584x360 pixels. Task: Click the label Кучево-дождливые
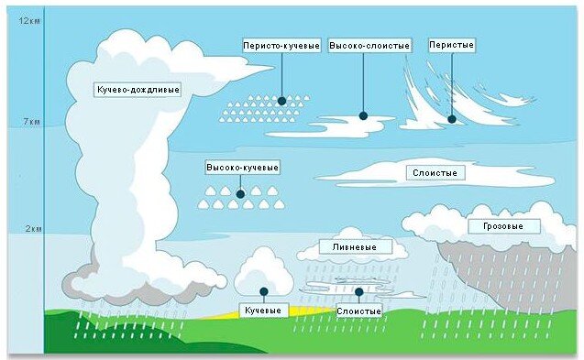138,90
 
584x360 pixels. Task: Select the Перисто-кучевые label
281,45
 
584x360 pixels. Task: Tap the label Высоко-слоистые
369,45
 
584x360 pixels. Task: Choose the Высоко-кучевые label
242,169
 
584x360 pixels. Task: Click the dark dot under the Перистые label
451,117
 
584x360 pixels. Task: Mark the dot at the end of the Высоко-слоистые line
363,116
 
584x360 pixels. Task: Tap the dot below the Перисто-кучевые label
281,101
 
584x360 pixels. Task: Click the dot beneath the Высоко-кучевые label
241,193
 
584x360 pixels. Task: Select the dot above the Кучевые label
263,291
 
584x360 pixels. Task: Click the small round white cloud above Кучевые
263,271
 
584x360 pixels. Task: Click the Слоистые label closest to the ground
358,311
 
